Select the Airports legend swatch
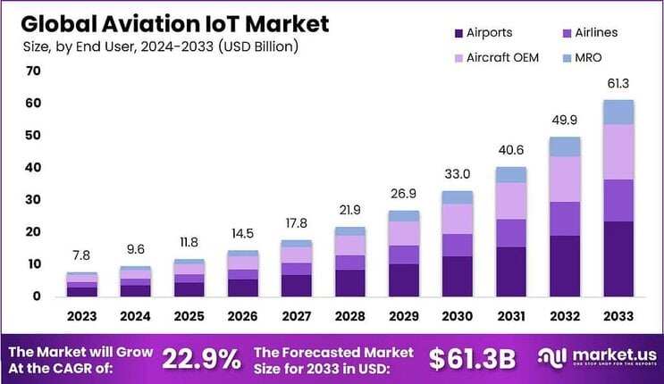point(459,33)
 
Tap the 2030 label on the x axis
point(458,317)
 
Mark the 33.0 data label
point(458,175)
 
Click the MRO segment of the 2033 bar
point(618,112)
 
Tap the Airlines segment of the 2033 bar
point(618,200)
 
